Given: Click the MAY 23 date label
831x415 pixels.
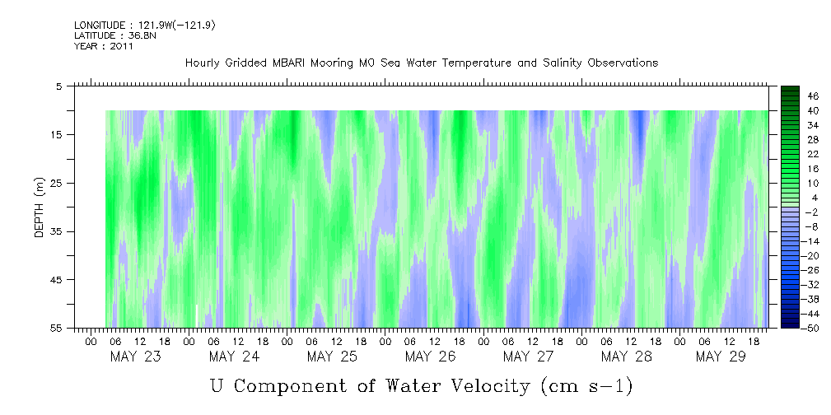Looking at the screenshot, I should [135, 357].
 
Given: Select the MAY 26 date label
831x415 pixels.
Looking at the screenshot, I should [429, 357].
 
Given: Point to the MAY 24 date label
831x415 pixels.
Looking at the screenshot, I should [234, 357].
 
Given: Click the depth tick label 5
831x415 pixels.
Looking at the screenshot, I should [59, 86].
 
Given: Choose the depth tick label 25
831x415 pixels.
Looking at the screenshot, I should [57, 183].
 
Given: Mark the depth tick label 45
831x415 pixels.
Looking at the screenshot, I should [57, 280].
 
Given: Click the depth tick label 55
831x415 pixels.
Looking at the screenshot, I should [57, 328].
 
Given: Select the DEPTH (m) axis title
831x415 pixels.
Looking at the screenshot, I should [39, 207].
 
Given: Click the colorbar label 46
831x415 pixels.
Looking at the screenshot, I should [813, 96].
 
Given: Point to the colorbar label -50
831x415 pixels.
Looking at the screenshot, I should [810, 328].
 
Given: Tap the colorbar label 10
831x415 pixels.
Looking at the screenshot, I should [813, 183].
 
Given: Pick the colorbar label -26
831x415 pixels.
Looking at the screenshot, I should [810, 269].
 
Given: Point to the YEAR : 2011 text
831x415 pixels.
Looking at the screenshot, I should [103, 46].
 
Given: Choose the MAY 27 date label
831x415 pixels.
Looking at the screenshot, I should [527, 357].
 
